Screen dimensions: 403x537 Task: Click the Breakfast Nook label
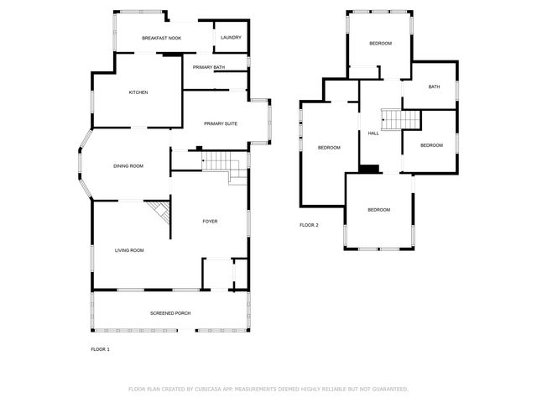click(x=162, y=38)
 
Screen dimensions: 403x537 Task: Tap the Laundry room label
click(x=231, y=38)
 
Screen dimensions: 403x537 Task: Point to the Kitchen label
click(x=138, y=92)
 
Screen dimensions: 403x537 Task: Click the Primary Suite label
click(x=221, y=123)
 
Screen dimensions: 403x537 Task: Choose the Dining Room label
click(x=128, y=165)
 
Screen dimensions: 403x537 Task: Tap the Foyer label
click(x=210, y=221)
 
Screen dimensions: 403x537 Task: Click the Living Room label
click(x=130, y=250)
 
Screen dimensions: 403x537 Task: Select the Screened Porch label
click(x=170, y=313)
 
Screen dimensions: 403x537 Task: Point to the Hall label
click(x=373, y=133)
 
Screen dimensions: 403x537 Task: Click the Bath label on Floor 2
click(x=434, y=87)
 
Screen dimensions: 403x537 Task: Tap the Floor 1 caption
click(x=100, y=348)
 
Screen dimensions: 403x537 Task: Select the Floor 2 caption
click(x=309, y=225)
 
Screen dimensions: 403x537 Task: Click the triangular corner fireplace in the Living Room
click(x=160, y=210)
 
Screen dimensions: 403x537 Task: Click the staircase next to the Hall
click(x=400, y=119)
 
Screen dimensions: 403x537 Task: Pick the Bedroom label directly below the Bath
click(x=431, y=145)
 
